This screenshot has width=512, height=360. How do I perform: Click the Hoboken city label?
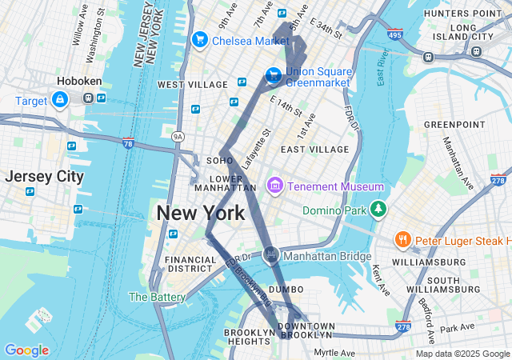78,82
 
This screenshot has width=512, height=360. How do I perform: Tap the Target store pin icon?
59,100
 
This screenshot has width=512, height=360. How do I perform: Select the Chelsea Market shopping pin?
200,40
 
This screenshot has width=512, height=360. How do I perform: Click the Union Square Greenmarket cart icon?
273,75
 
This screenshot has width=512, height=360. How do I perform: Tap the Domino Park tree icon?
378,210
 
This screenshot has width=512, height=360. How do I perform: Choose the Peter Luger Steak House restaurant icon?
403,240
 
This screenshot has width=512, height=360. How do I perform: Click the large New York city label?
200,214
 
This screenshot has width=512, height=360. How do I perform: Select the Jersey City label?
44,177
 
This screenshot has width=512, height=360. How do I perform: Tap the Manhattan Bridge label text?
328,256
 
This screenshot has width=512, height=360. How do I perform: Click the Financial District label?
190,265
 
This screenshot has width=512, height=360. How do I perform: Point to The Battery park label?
157,297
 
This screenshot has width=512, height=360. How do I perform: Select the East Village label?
314,149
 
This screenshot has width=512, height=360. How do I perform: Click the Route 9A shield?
178,138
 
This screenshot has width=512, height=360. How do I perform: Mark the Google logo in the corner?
26,350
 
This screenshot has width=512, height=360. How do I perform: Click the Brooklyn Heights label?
249,337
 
